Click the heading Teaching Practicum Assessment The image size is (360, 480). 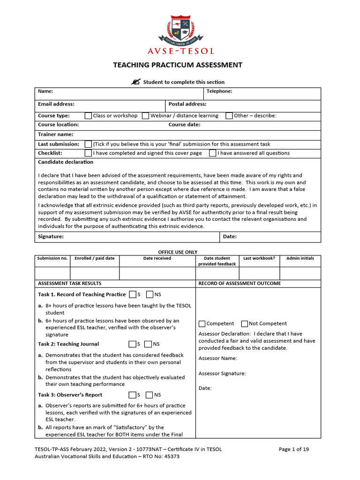(178, 65)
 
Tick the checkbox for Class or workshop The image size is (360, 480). (88, 116)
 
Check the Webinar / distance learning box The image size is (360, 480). (145, 116)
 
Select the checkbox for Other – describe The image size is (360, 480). (229, 116)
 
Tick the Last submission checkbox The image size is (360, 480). (88, 144)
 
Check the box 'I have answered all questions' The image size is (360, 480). (212, 153)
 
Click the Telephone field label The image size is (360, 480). (219, 91)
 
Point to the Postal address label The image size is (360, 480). (187, 104)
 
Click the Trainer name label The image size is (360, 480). (56, 135)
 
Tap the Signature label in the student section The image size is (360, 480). (51, 237)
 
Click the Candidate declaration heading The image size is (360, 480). (66, 162)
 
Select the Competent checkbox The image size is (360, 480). (202, 323)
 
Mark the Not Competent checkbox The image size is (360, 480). (244, 323)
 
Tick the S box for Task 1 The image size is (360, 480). (133, 294)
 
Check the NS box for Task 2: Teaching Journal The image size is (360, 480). (149, 344)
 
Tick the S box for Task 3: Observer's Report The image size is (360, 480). (133, 395)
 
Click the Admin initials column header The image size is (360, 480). (300, 258)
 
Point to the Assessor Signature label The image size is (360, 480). (222, 374)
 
